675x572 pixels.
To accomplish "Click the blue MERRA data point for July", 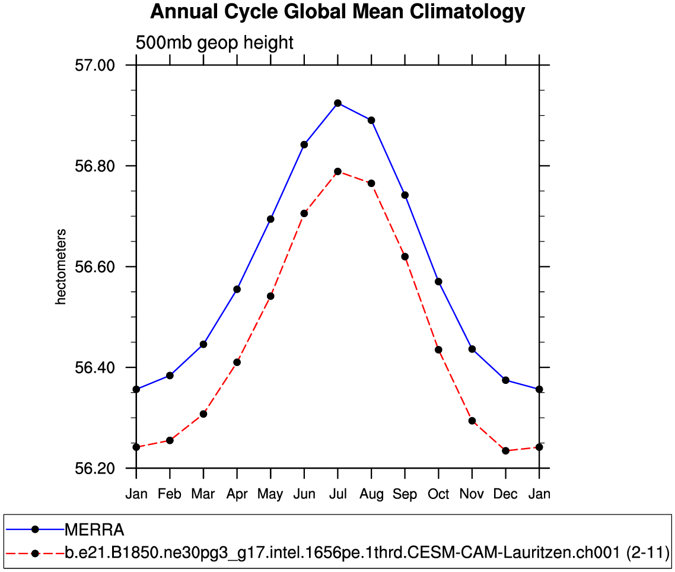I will (x=337, y=103).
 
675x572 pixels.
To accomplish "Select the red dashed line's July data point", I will (x=337, y=171).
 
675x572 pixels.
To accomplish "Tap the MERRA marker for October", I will (x=438, y=281).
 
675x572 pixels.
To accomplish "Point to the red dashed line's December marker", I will (x=505, y=451).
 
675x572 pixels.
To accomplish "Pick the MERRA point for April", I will (x=237, y=289).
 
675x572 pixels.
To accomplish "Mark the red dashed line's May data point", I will (x=270, y=296).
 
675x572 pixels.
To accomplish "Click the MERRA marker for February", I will (x=170, y=376).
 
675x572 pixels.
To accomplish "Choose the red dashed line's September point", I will (x=405, y=256).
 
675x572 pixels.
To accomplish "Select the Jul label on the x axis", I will (x=337, y=494).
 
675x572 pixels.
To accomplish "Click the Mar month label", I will (x=203, y=494).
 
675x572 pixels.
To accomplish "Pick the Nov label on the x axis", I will (x=472, y=494).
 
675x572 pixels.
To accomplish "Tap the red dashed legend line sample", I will (x=35, y=554).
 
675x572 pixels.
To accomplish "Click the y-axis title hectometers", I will (x=61, y=267).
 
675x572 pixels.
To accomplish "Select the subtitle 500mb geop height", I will (x=215, y=43).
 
